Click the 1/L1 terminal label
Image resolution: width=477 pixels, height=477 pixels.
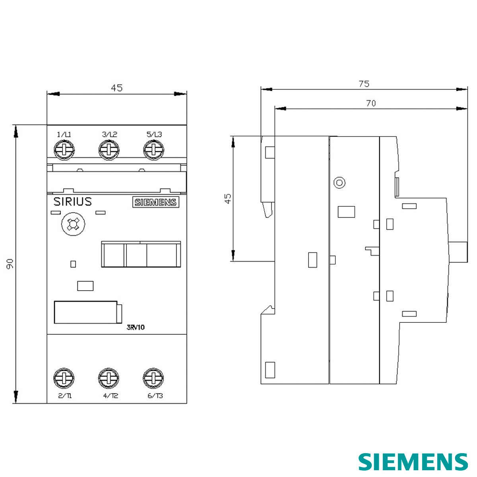click(64, 135)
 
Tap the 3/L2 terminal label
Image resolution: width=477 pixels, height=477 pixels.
click(109, 134)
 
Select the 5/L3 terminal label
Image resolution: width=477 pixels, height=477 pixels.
click(154, 134)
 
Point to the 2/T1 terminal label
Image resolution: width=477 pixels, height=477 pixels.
click(65, 396)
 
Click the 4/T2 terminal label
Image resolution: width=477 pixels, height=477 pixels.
click(111, 396)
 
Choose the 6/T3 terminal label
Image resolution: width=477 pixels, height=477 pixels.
click(155, 396)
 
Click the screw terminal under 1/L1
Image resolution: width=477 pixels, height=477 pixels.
click(64, 150)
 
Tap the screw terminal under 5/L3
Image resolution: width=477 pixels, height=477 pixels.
click(154, 150)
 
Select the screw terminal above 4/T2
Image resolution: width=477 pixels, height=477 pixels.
click(109, 378)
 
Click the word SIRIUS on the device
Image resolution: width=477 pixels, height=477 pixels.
click(72, 202)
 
